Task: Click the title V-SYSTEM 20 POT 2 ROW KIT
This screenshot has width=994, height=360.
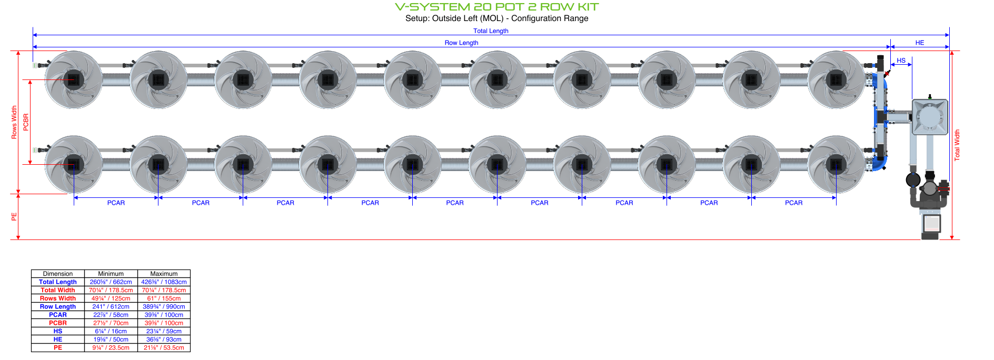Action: [496, 7]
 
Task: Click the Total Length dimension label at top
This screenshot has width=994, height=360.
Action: [491, 31]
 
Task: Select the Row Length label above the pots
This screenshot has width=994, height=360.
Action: [461, 43]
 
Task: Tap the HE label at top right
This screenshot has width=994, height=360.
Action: [919, 43]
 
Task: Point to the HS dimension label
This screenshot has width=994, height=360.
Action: [901, 61]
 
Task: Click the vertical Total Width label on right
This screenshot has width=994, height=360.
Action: [957, 145]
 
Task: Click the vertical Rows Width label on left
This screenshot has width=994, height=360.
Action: [14, 122]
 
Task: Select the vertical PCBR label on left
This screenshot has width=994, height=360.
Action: [26, 122]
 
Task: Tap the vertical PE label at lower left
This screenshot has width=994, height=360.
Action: [14, 216]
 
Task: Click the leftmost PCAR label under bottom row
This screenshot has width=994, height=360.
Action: [116, 203]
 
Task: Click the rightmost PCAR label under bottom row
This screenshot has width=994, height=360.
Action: [793, 203]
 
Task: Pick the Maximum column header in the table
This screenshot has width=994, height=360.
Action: [164, 274]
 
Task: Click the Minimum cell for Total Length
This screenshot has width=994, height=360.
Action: [111, 282]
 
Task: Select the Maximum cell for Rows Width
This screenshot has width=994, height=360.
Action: [164, 298]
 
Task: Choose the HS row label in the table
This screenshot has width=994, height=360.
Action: [58, 331]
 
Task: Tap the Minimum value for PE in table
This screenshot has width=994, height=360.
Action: [111, 348]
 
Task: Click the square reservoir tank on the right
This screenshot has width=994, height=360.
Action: [930, 117]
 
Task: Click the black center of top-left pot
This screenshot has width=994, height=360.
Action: [74, 79]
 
